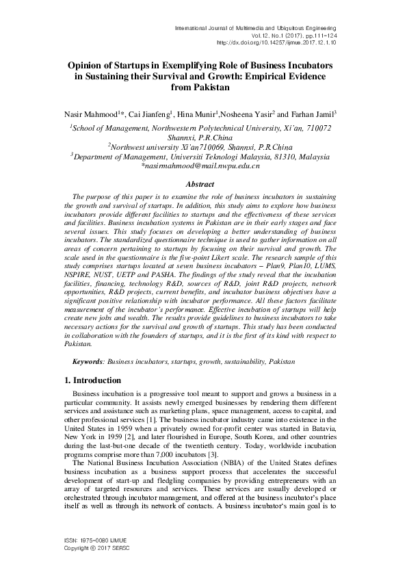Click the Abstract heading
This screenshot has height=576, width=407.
click(200, 184)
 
